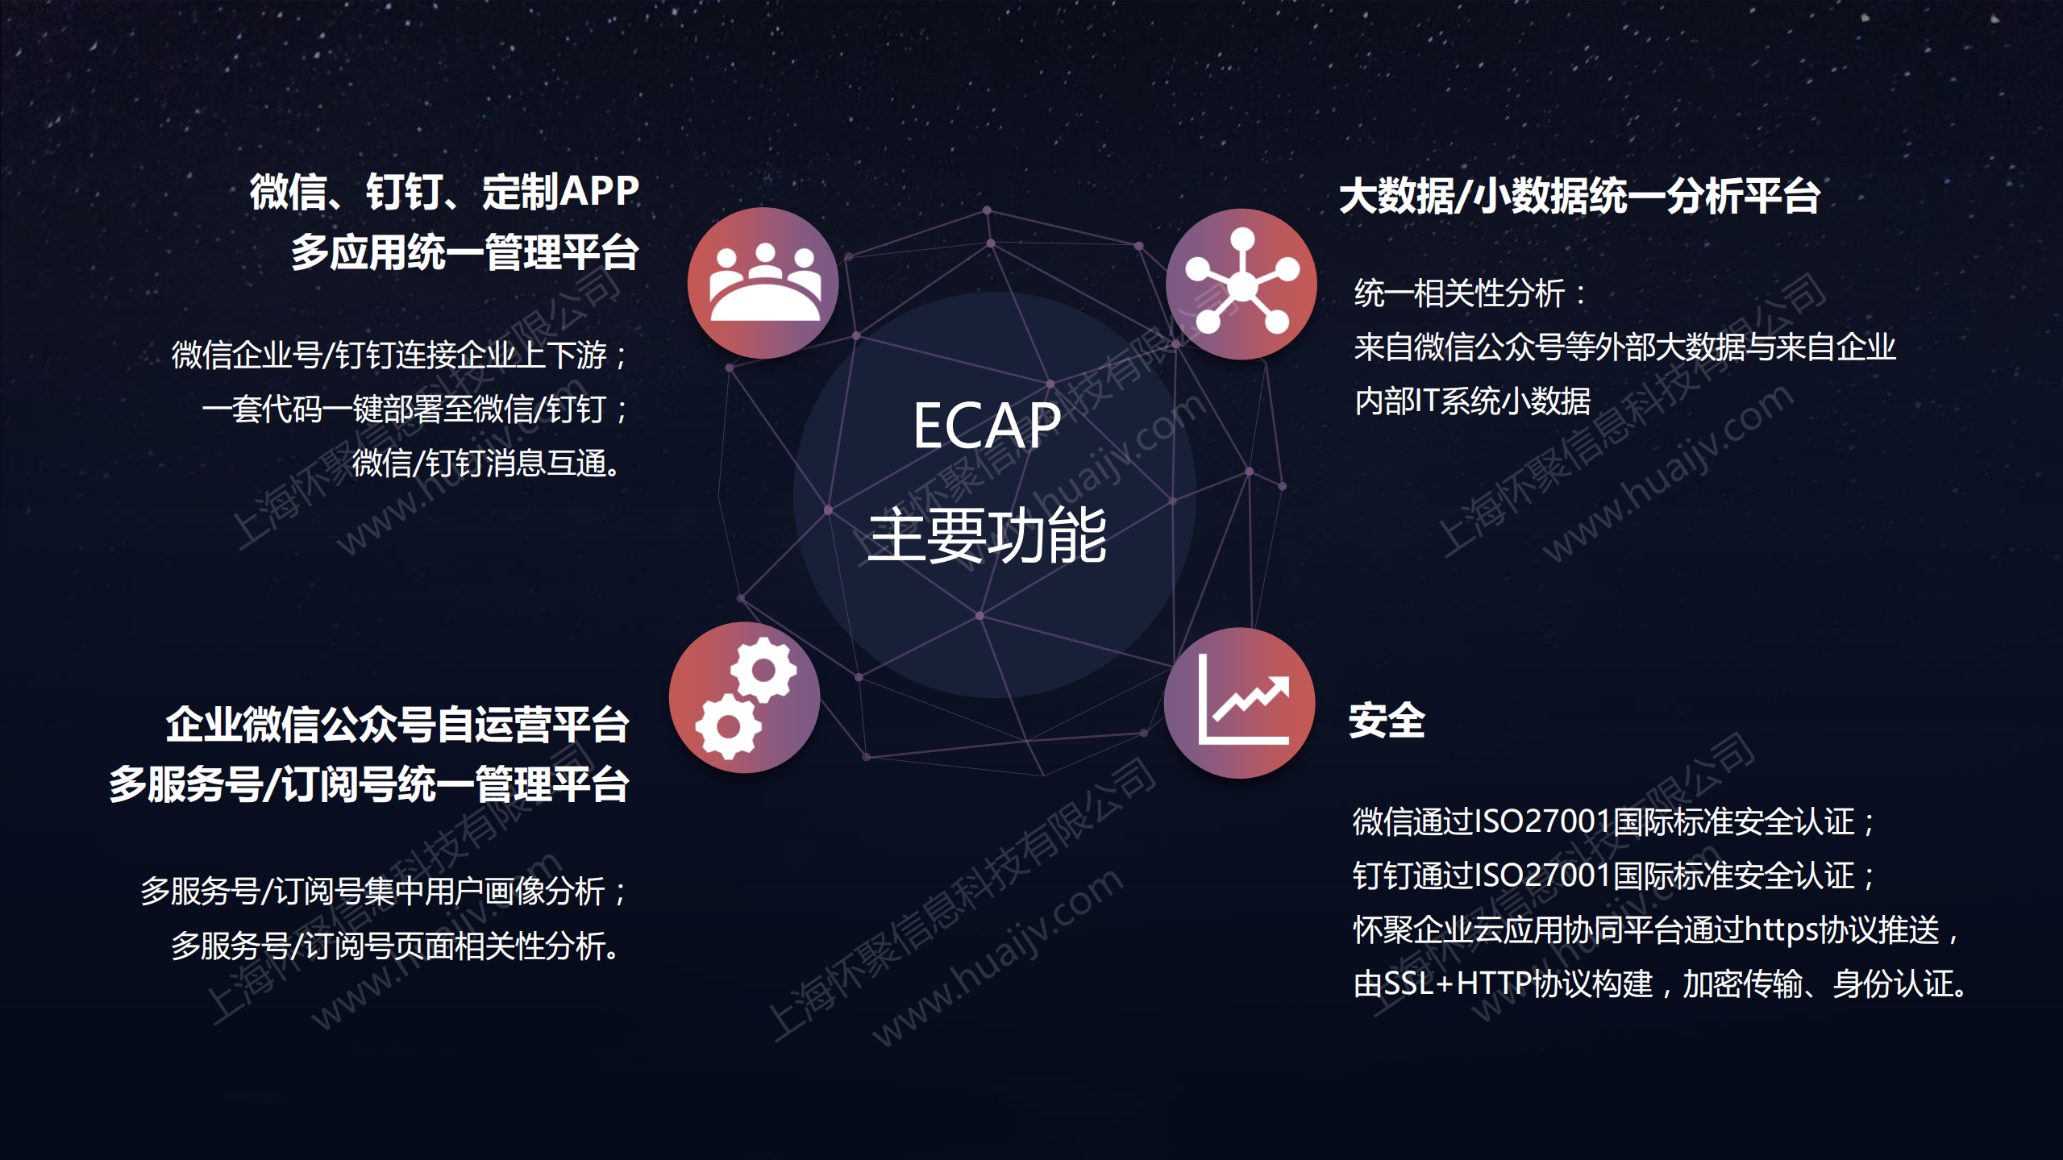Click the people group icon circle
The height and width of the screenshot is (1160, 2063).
pos(763,283)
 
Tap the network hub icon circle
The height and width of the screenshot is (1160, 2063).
pos(1241,284)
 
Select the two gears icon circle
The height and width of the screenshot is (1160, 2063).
pos(744,697)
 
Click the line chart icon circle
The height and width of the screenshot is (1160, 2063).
pos(1239,703)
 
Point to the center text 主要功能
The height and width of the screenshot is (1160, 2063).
pos(987,535)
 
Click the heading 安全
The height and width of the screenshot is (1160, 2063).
pos(1387,720)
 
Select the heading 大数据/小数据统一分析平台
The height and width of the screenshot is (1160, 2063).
pos(1579,196)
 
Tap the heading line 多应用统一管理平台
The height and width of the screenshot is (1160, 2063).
pos(465,252)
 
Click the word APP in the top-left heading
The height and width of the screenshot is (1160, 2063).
pos(599,192)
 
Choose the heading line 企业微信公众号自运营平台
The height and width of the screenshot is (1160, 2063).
pos(397,724)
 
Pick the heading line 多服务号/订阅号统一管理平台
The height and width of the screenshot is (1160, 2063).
pos(369,784)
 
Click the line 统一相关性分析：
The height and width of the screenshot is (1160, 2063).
pos(1471,293)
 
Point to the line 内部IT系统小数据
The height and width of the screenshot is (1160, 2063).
pos(1472,401)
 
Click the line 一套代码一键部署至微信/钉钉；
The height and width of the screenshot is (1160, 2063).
pos(415,409)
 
